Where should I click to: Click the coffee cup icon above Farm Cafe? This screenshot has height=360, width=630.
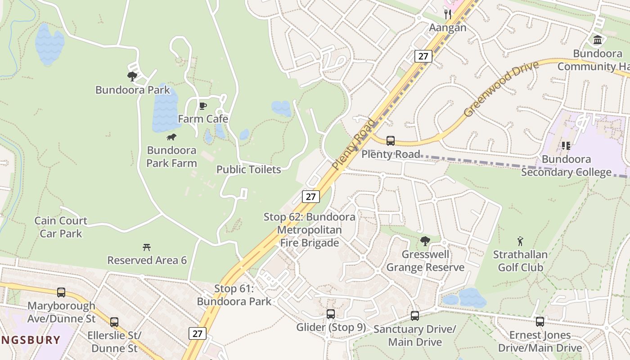(203, 106)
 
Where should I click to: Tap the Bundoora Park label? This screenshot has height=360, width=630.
(133, 90)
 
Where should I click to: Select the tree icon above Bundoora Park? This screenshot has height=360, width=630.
(132, 76)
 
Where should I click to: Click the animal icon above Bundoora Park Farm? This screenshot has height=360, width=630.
(171, 137)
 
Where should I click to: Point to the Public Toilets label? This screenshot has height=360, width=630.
(248, 170)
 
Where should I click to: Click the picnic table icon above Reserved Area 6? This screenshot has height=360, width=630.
(146, 247)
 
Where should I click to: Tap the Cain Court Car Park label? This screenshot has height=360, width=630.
(61, 227)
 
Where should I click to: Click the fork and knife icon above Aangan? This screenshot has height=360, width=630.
(447, 14)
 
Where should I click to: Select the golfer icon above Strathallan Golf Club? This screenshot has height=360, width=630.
(520, 242)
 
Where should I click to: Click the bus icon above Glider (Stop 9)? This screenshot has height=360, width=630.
(331, 314)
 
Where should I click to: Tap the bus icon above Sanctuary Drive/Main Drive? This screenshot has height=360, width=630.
(415, 316)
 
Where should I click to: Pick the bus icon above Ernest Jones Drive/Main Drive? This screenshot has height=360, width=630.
(540, 322)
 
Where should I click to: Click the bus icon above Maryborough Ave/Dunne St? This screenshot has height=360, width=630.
(61, 292)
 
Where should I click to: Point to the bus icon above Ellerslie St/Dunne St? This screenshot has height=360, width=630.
(114, 322)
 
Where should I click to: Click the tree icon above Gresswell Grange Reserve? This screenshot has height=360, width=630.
(425, 241)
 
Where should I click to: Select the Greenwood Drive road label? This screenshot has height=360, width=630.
(501, 89)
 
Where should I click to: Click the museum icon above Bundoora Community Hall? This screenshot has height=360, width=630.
(598, 40)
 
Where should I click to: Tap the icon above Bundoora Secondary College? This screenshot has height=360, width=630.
(566, 146)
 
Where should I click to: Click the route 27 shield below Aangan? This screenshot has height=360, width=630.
(423, 56)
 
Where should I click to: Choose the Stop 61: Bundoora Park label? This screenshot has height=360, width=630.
(234, 295)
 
